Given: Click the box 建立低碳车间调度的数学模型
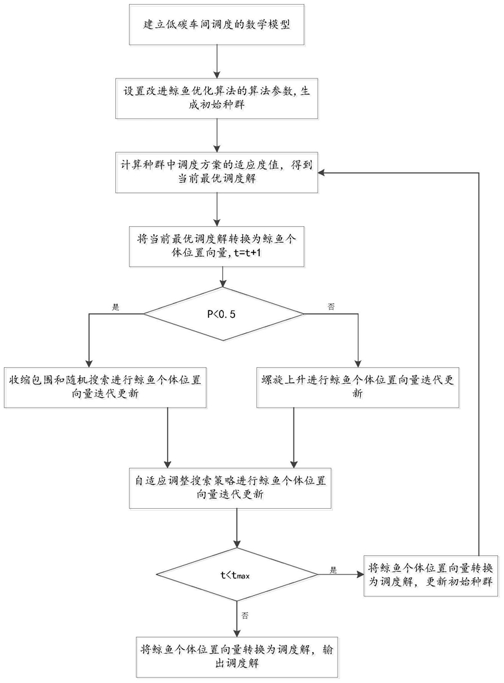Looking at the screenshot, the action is click(216, 25).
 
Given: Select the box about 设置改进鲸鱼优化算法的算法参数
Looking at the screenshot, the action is click(216, 98).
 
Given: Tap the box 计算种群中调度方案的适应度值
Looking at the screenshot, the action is click(216, 172).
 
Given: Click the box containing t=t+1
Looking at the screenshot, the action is click(216, 246).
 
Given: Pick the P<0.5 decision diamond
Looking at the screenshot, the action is click(224, 314).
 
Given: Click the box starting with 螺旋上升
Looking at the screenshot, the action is click(358, 387).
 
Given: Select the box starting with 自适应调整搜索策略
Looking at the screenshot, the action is click(230, 488).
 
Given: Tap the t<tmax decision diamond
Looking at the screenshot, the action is click(237, 575).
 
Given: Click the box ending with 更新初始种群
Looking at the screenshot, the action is click(430, 575).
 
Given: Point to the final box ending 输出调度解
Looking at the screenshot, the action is click(237, 656).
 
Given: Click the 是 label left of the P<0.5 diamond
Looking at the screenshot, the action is click(116, 307).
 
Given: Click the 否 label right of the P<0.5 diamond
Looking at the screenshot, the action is click(332, 307).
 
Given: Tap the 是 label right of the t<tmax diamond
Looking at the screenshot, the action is click(334, 570).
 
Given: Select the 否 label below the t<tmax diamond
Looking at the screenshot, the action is click(245, 615).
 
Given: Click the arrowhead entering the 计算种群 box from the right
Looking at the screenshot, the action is click(322, 173).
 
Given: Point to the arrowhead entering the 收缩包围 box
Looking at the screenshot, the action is click(89, 364).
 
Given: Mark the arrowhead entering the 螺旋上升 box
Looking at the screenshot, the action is click(358, 364).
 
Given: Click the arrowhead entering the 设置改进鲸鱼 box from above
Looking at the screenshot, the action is click(216, 75).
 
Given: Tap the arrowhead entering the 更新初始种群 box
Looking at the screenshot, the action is click(361, 575).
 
